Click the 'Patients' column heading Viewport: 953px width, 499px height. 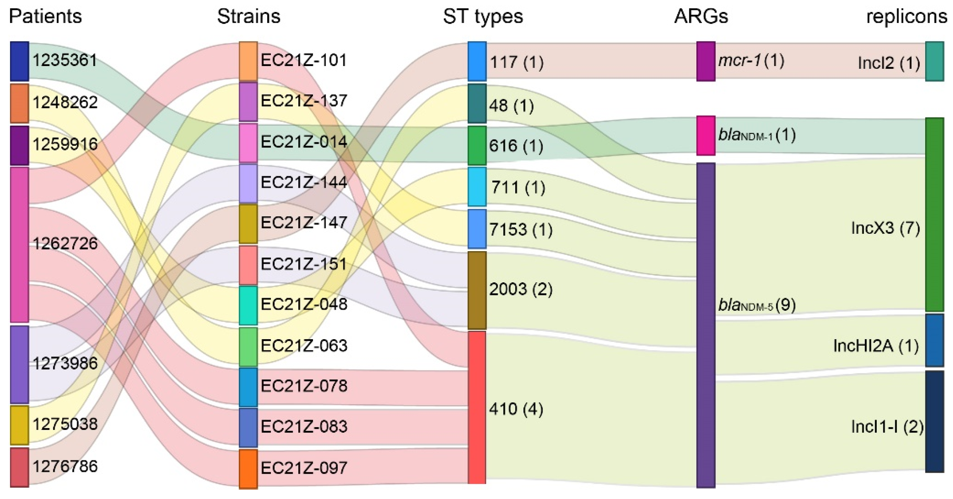[x=45, y=16]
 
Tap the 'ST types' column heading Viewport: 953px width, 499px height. [x=483, y=16]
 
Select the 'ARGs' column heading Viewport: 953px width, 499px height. [x=701, y=16]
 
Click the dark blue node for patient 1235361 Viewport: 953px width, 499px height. [x=19, y=61]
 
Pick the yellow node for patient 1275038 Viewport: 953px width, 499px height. [x=19, y=425]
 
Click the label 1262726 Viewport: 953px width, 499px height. [x=65, y=244]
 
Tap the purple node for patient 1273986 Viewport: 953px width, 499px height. [x=19, y=364]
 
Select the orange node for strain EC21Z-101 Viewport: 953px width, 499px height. [x=248, y=61]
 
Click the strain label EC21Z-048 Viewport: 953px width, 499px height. [x=304, y=304]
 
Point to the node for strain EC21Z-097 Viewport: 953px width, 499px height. [x=248, y=469]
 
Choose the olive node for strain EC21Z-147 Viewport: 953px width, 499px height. [x=248, y=224]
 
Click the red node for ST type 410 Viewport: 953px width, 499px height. [x=477, y=407]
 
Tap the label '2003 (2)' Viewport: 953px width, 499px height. [x=521, y=289]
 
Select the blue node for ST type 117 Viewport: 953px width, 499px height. [x=477, y=61]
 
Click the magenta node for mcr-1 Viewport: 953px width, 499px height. [x=705, y=61]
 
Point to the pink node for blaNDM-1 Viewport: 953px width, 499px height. [x=705, y=136]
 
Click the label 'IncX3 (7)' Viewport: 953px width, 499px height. [x=885, y=228]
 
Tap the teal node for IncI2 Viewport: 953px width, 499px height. [x=934, y=61]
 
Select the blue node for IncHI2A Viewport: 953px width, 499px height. [x=934, y=340]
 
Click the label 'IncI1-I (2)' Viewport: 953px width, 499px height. [x=887, y=427]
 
